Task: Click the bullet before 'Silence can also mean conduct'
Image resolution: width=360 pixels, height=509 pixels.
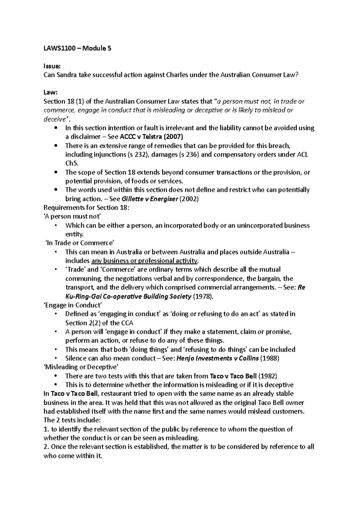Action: pos(56,358)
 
